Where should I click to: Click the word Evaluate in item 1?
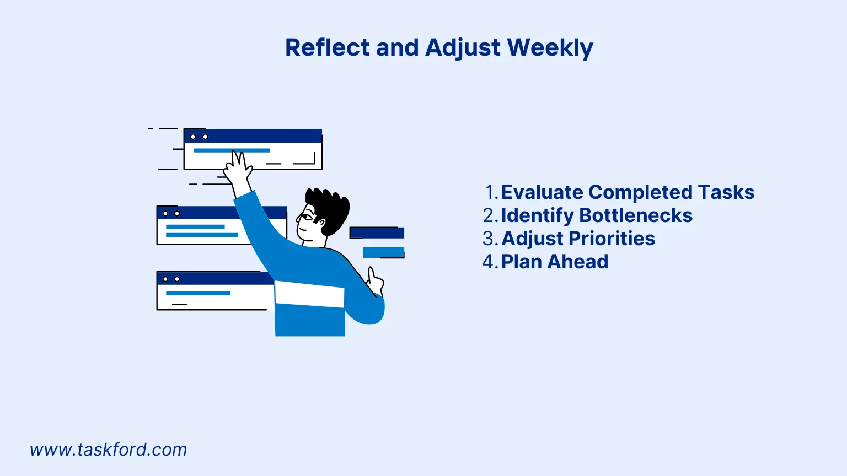click(542, 192)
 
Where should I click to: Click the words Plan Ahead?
click(554, 262)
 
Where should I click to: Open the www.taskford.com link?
click(109, 450)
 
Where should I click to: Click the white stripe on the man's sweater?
click(309, 294)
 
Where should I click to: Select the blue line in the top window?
click(232, 150)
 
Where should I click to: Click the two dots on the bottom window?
click(171, 279)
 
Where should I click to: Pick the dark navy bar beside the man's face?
click(377, 233)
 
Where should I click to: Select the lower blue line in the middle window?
click(202, 235)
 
